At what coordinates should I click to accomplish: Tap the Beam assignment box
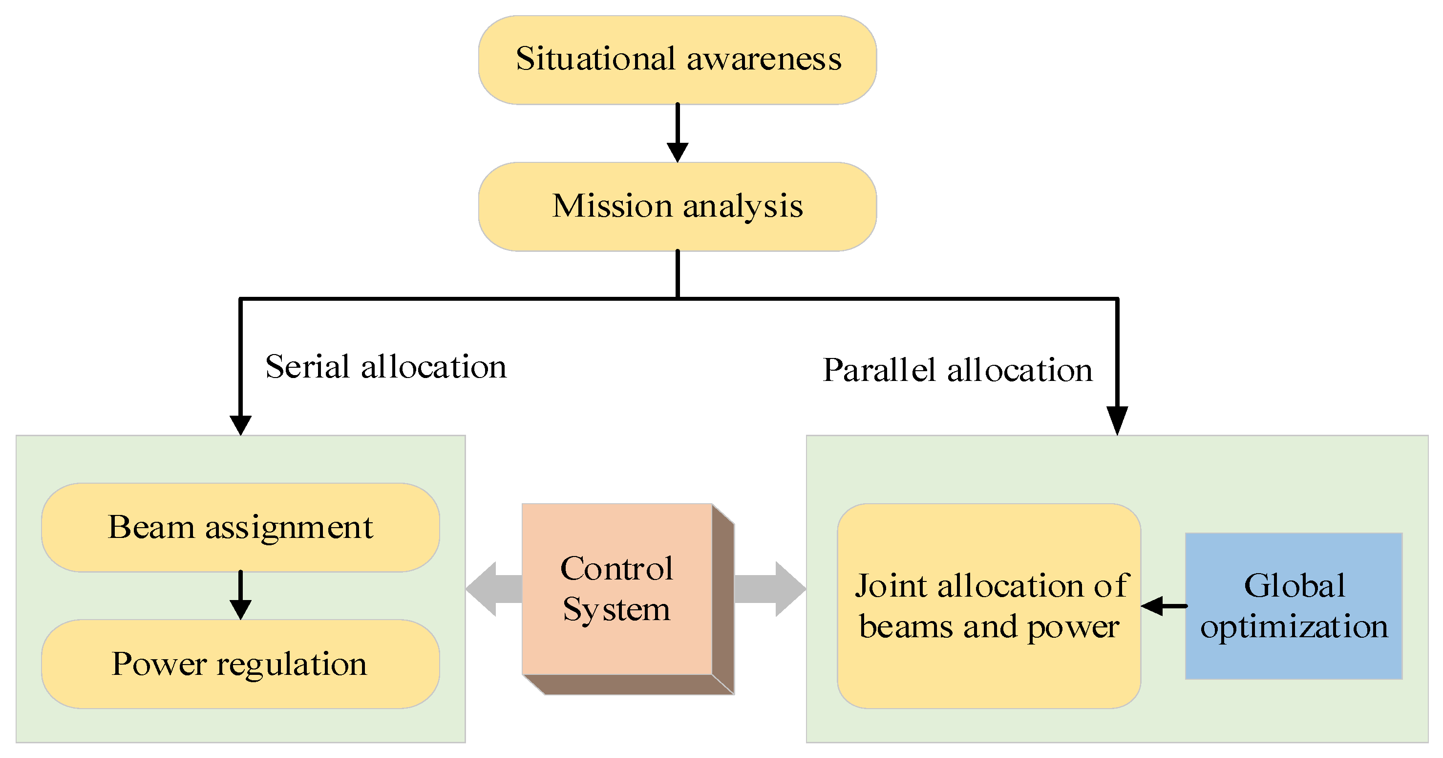click(240, 527)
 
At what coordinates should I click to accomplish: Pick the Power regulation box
click(240, 664)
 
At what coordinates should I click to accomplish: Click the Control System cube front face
click(616, 589)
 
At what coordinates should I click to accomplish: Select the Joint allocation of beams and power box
click(989, 605)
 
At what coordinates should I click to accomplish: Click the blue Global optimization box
click(1294, 605)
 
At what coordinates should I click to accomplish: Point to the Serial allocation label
click(385, 367)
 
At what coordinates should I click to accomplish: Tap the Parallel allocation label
click(957, 371)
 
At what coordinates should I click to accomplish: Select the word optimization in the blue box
click(1294, 626)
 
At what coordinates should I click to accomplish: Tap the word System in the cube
click(616, 609)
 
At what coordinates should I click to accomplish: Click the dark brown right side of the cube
click(723, 600)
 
